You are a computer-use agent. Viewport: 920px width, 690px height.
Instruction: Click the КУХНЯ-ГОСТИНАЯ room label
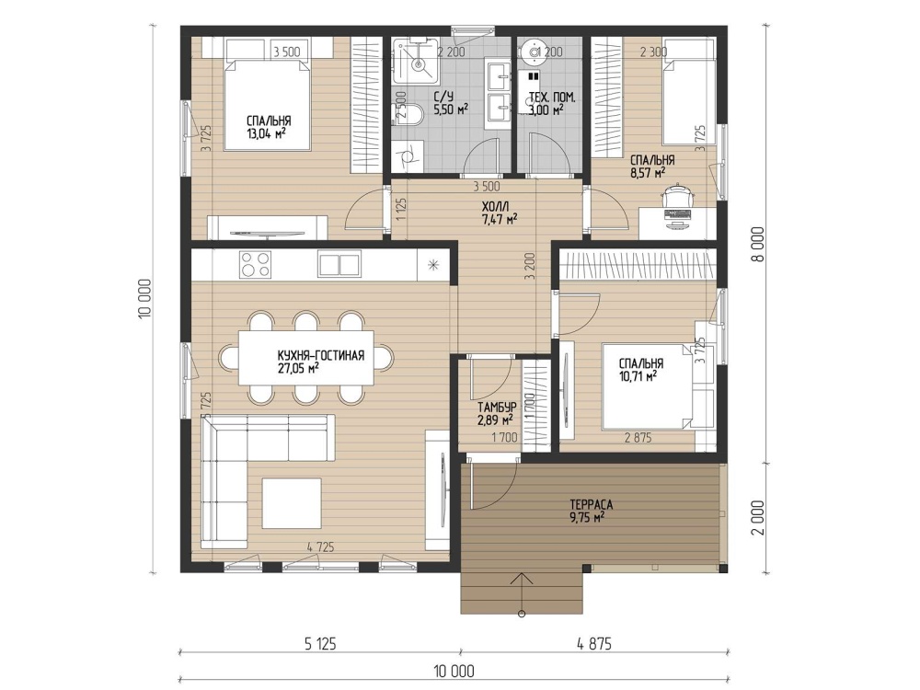(x=321, y=355)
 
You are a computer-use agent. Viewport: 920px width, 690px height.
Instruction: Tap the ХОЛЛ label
(x=496, y=206)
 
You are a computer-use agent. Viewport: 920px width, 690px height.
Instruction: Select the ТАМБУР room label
(x=497, y=408)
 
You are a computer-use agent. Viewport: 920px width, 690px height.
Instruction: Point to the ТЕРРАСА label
(x=591, y=504)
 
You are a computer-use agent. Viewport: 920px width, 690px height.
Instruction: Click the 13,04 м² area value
(x=267, y=133)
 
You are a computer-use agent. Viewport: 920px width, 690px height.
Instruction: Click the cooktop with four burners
(x=255, y=264)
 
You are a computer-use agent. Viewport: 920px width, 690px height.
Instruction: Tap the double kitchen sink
(x=339, y=264)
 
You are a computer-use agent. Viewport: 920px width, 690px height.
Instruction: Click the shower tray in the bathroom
(x=416, y=60)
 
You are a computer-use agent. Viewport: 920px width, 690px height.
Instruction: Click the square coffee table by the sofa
(x=292, y=503)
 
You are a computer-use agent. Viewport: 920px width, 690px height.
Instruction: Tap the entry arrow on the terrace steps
(x=521, y=593)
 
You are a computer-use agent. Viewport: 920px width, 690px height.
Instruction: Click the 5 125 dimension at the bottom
(x=320, y=644)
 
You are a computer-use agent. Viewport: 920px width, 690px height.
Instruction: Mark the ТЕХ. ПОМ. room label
(x=552, y=98)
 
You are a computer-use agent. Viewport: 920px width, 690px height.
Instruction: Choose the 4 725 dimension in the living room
(x=320, y=546)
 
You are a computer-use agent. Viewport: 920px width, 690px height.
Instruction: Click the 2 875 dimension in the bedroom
(x=638, y=438)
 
